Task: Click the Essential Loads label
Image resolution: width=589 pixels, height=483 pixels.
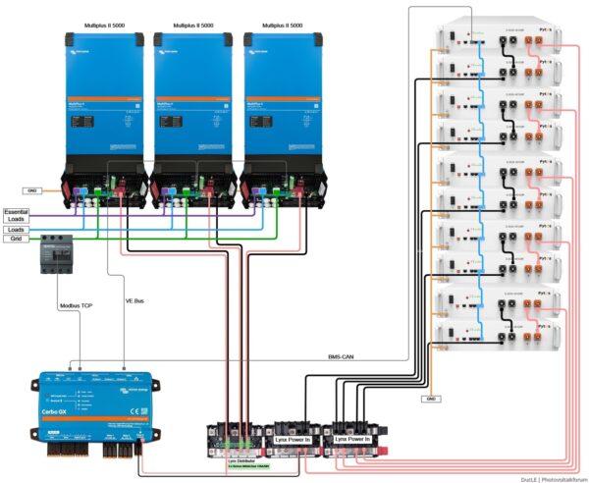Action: pyautogui.click(x=16, y=216)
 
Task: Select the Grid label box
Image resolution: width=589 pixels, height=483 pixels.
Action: pyautogui.click(x=14, y=239)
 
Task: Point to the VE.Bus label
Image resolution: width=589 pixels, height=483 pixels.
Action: pyautogui.click(x=136, y=301)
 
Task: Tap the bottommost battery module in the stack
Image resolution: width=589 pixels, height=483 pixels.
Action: pyautogui.click(x=501, y=336)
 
